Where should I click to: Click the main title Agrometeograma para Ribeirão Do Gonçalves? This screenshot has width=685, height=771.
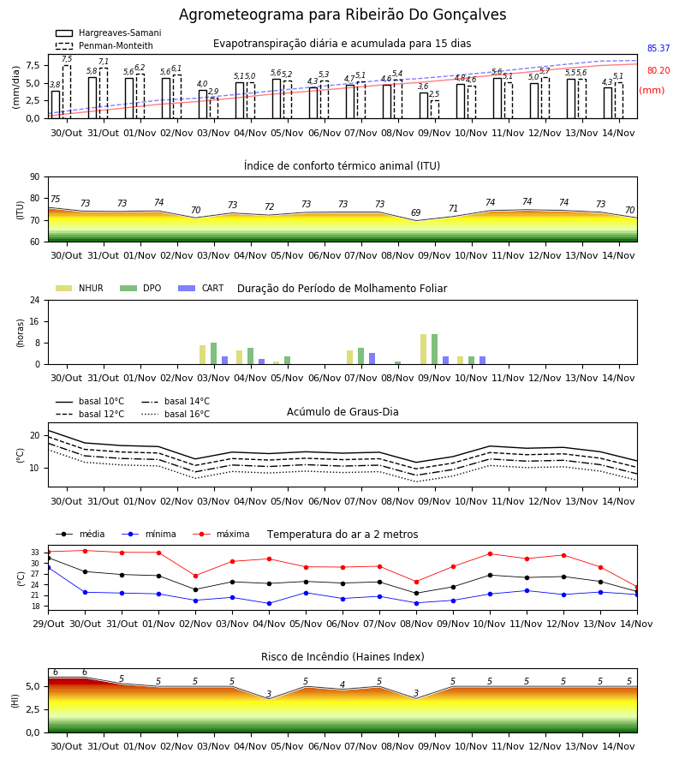point(342,15)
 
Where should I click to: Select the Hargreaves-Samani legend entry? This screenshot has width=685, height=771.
point(108,33)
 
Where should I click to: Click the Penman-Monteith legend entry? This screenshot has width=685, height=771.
point(104,45)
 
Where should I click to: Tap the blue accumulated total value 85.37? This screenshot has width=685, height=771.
point(658,48)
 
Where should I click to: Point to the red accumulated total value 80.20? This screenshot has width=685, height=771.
point(658,70)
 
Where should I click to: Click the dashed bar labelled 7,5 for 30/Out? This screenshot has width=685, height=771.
point(67,92)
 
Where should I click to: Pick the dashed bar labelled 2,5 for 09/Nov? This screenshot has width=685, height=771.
point(435,110)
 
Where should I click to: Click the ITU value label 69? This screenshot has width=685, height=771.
point(416,212)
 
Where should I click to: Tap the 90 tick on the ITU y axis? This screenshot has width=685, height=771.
point(35,177)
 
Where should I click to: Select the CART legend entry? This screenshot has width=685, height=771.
point(201,288)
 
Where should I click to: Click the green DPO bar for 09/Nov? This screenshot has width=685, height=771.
point(434,350)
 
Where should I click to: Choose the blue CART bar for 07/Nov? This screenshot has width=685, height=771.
point(372,359)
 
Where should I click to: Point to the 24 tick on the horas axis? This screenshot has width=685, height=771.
point(35,300)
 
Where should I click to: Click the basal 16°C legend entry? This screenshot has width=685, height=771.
point(176,414)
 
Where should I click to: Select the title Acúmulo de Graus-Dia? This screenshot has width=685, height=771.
point(342,411)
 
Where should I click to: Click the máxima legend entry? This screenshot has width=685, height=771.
point(221,534)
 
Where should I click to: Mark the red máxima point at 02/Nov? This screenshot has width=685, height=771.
point(195,576)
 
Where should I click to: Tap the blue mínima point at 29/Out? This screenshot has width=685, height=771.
point(48,567)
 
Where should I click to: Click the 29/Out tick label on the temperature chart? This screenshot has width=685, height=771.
point(48,624)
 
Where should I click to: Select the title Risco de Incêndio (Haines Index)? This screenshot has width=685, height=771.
point(342,656)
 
